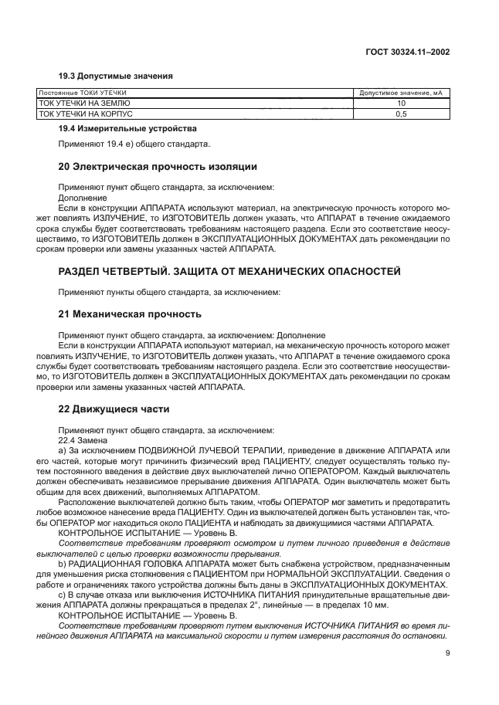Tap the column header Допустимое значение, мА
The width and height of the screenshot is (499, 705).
coord(402,93)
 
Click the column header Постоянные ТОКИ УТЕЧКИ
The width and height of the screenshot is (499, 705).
coord(83,93)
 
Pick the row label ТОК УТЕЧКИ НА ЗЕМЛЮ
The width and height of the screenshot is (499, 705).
coord(85,103)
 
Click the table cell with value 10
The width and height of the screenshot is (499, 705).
coord(402,103)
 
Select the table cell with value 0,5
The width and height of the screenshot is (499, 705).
coord(402,114)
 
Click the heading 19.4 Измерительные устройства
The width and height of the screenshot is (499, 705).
coord(127,128)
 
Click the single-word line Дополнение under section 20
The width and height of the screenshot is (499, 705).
coord(82,198)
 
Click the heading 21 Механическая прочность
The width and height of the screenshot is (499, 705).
coord(131,314)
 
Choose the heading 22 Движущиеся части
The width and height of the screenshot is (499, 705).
coord(114,408)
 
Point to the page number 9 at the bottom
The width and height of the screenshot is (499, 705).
coord(448,653)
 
